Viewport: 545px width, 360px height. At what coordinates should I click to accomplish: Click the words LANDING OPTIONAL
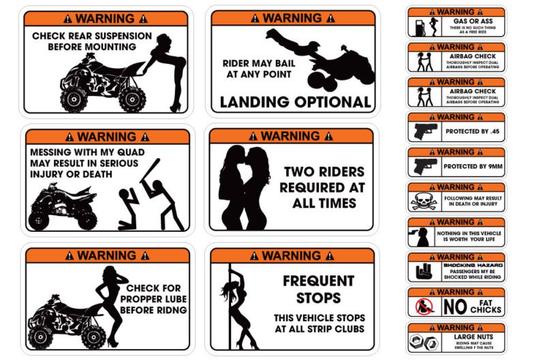(294, 102)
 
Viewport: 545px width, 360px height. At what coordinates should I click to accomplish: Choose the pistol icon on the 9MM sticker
(424, 166)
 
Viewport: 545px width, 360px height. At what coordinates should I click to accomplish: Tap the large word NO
(454, 307)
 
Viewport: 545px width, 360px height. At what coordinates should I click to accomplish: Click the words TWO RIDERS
(324, 172)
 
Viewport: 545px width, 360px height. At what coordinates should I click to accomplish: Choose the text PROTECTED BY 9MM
(470, 166)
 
